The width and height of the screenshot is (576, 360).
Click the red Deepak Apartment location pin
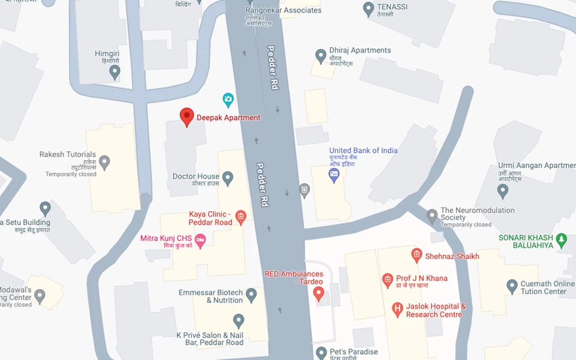click(x=187, y=116)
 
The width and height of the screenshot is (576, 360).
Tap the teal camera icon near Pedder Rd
click(x=228, y=99)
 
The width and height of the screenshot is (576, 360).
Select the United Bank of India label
click(x=363, y=151)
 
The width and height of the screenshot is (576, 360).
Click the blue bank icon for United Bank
click(x=334, y=175)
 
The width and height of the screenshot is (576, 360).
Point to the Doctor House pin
click(x=227, y=178)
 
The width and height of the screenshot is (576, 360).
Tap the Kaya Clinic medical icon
click(x=241, y=217)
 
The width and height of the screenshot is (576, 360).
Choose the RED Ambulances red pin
click(x=319, y=293)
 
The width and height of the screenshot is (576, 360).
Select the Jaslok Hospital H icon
click(x=397, y=310)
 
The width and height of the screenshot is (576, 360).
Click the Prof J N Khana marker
click(x=388, y=280)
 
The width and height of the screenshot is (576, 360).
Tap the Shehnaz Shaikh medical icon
click(x=416, y=256)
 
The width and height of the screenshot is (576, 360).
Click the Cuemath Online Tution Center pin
click(x=512, y=286)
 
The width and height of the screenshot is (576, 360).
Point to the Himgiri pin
click(x=115, y=72)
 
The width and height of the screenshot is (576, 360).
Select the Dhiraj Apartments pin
click(x=321, y=56)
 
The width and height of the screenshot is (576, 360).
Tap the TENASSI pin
click(x=368, y=8)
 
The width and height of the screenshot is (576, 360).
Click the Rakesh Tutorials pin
click(x=104, y=162)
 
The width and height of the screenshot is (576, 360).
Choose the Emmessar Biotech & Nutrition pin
click(x=251, y=295)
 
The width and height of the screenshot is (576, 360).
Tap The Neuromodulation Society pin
click(x=432, y=215)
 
